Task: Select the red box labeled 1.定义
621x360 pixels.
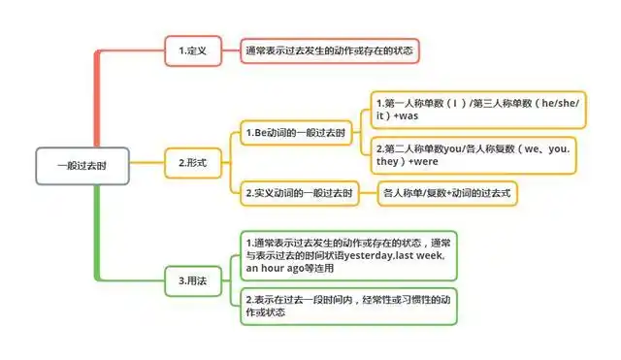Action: [192, 50]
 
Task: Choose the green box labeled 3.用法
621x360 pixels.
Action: [192, 281]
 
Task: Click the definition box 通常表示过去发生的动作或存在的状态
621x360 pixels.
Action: [330, 50]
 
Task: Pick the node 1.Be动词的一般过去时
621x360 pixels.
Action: [297, 131]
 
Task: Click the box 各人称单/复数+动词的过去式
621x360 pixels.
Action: [448, 192]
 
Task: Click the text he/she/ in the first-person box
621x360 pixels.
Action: [554, 101]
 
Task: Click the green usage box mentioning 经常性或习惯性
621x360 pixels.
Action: [346, 306]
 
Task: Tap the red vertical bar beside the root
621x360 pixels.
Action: [97, 97]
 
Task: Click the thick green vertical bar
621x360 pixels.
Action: [97, 233]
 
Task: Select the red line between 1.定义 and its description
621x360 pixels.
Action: [231, 50]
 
